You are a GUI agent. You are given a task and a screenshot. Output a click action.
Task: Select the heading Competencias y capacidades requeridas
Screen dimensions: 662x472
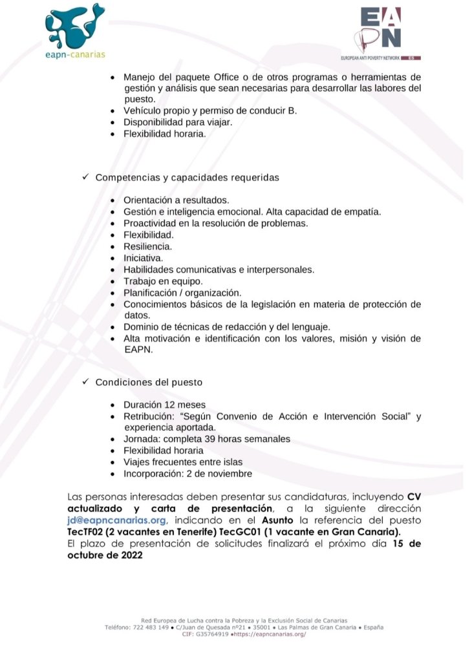pos(187,177)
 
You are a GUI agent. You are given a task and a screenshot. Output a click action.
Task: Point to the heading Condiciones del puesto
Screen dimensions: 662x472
pos(149,382)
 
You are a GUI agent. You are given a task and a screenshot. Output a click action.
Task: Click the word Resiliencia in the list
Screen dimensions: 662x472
pos(148,246)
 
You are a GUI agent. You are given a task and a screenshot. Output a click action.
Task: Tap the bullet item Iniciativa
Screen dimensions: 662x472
pos(143,258)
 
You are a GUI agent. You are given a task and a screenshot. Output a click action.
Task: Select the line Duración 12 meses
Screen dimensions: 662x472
pos(165,405)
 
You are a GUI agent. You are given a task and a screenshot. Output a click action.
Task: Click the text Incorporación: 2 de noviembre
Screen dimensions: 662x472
pos(188,473)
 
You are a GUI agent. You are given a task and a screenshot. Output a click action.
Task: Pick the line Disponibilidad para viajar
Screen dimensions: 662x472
pos(178,122)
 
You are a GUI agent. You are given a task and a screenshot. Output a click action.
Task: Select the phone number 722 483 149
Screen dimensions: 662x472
pos(150,628)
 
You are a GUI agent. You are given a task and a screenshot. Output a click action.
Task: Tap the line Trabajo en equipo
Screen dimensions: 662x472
pos(163,281)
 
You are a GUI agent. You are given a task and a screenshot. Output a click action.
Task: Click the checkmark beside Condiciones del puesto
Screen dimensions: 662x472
pos(85,382)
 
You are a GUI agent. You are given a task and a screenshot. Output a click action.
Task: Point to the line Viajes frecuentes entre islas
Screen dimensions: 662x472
pos(182,462)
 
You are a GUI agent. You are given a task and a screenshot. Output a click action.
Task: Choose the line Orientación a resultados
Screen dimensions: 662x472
pos(176,200)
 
